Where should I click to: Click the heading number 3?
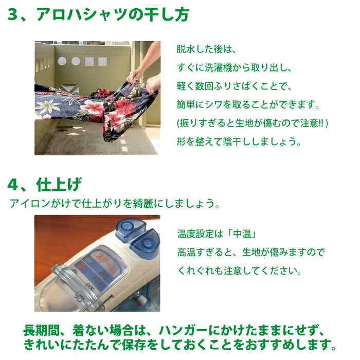(13, 14)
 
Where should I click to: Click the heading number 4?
(13, 185)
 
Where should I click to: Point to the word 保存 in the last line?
(132, 345)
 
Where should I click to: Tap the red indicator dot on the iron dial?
(81, 267)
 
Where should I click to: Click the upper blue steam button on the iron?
(130, 229)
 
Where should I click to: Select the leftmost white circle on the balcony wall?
(62, 61)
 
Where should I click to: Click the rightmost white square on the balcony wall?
(102, 62)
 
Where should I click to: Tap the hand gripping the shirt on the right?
(153, 84)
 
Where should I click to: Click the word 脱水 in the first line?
(186, 49)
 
